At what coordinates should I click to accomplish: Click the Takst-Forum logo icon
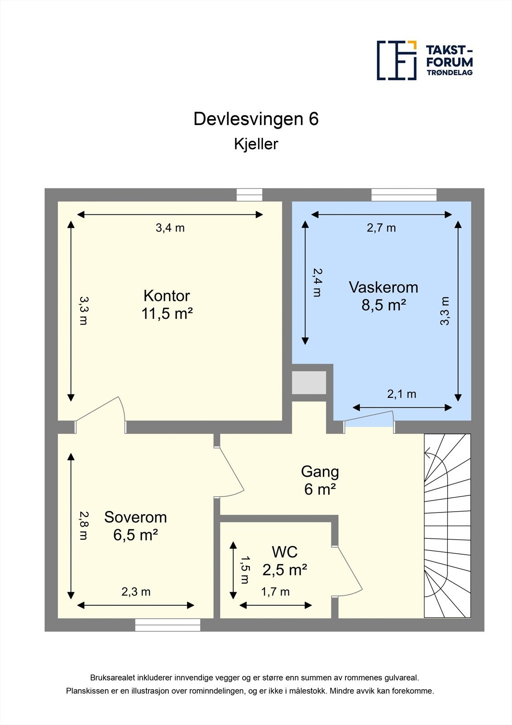click(x=397, y=60)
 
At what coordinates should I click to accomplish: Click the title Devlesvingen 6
click(x=256, y=119)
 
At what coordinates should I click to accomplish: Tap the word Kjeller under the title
click(x=256, y=144)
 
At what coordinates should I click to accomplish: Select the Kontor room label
click(x=167, y=296)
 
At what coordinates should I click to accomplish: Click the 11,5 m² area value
click(x=167, y=314)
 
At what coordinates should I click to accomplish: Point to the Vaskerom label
click(x=383, y=287)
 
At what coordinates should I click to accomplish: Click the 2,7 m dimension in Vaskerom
click(x=381, y=228)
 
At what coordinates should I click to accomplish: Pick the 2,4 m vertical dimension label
click(x=317, y=282)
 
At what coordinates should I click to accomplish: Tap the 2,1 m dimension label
click(x=402, y=394)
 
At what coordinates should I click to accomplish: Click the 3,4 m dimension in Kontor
click(x=170, y=228)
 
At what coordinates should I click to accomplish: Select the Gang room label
click(x=320, y=472)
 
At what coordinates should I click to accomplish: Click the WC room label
click(x=285, y=552)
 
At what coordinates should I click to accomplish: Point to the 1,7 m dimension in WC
click(x=275, y=592)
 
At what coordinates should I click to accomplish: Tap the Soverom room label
click(x=135, y=517)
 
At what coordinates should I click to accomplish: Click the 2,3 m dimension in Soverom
click(x=136, y=592)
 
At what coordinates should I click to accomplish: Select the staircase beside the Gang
click(x=447, y=526)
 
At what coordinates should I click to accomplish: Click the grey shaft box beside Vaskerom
click(x=309, y=383)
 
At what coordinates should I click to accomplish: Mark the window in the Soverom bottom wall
click(x=167, y=625)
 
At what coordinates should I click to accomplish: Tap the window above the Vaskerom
click(x=404, y=195)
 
